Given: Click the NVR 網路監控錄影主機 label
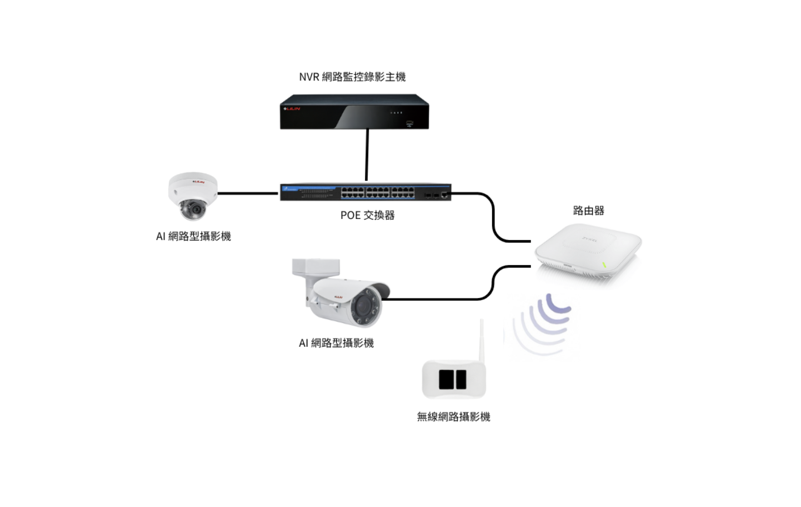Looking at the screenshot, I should tap(352, 77).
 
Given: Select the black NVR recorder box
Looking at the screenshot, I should tap(354, 112).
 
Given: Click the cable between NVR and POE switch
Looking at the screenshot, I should tap(367, 156).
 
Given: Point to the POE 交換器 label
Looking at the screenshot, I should tap(367, 215).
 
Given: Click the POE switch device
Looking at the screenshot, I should tap(365, 192).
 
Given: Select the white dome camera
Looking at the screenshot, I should tap(192, 194).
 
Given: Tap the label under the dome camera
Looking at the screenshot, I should tap(193, 236).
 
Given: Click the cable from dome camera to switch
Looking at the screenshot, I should tap(247, 193).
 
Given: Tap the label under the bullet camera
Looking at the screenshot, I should tap(336, 343).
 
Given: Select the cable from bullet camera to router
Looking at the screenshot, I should tap(444, 299).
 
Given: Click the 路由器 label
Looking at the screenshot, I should tap(588, 211).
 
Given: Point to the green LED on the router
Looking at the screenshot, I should tap(604, 265).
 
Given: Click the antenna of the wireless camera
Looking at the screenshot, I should tap(481, 339).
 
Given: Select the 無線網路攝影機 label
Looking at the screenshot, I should tap(453, 417).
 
